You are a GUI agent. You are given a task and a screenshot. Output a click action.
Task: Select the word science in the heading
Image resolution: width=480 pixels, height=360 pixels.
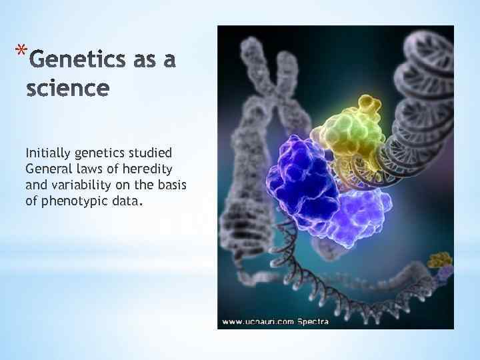[67, 89]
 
